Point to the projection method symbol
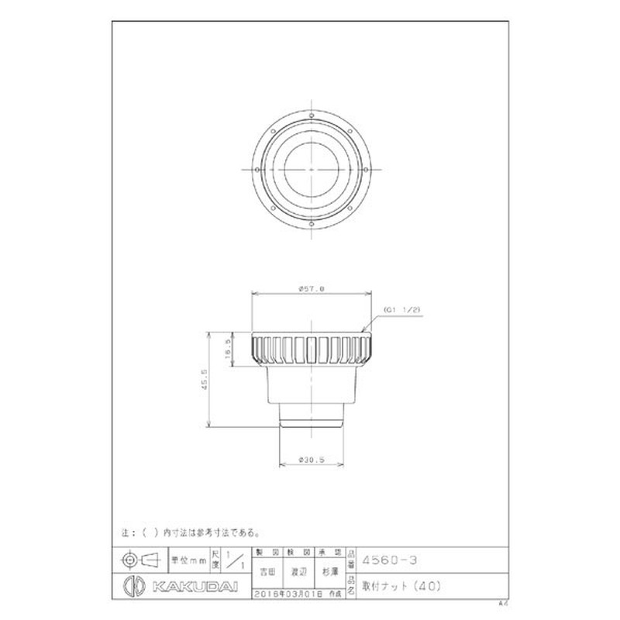(x=139, y=558)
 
